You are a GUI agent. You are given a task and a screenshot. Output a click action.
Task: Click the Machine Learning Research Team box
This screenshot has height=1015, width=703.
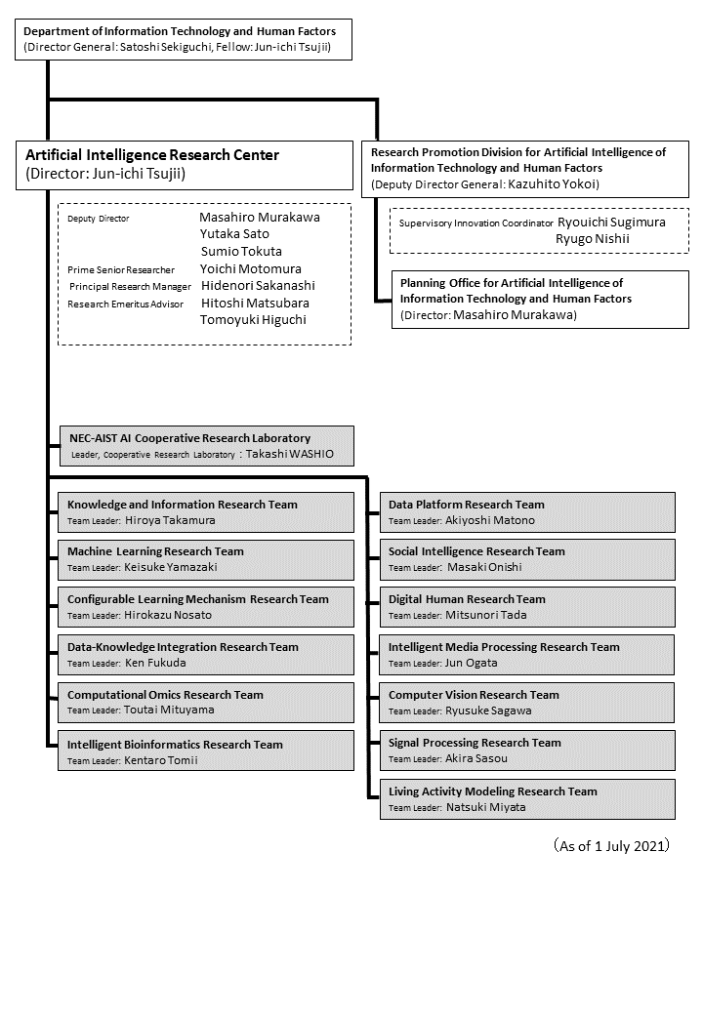click(205, 559)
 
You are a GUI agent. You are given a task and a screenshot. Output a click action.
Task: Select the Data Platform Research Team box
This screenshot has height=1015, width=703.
click(527, 512)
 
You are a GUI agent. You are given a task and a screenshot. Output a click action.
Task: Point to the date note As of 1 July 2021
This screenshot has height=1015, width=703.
click(611, 846)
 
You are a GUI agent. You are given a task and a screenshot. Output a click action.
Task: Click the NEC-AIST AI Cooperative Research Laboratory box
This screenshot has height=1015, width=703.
click(205, 446)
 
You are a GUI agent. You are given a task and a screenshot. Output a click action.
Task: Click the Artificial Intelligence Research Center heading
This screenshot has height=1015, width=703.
click(152, 155)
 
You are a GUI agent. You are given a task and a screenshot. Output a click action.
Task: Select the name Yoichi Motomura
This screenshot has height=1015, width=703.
click(250, 268)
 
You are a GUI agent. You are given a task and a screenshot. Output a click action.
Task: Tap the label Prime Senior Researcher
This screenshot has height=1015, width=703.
click(121, 269)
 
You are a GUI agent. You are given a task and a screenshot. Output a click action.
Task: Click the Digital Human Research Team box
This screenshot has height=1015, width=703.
click(527, 606)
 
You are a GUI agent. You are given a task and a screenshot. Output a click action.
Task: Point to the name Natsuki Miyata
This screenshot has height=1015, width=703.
click(485, 808)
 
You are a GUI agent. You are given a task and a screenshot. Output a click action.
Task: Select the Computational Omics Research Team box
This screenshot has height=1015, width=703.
click(205, 703)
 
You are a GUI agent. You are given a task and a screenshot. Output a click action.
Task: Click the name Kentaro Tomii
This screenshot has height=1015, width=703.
click(161, 760)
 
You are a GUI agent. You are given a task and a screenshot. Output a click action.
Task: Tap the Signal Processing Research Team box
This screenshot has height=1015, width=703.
click(527, 750)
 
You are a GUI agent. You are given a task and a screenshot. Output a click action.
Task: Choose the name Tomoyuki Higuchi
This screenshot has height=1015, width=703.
click(254, 319)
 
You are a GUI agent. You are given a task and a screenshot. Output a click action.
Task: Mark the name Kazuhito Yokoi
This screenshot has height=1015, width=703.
click(553, 183)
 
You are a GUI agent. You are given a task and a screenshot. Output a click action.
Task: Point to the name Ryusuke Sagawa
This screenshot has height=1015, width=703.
click(488, 711)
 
